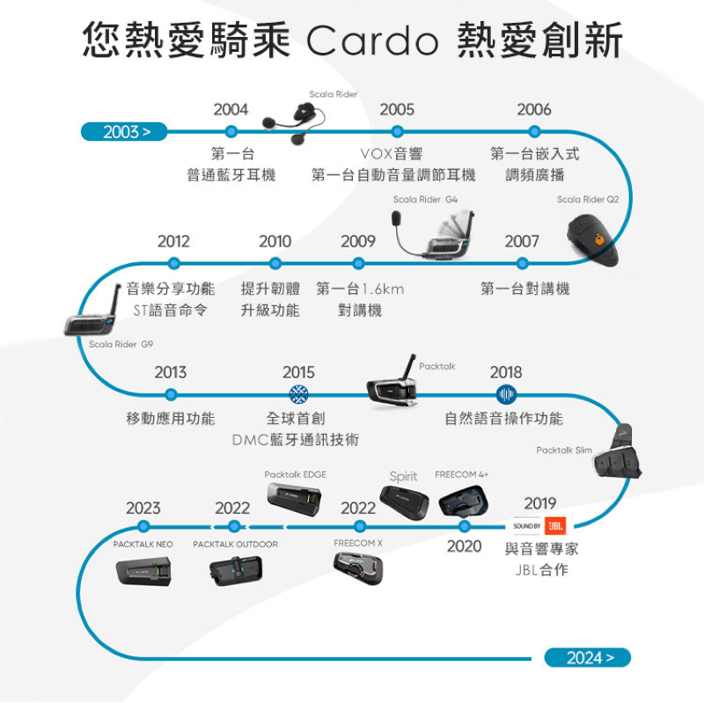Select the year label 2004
[231, 109]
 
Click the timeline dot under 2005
[396, 132]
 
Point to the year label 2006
[534, 109]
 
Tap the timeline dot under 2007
[523, 263]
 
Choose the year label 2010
[275, 241]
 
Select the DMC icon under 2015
[298, 395]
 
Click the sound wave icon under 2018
[506, 395]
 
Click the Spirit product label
[403, 476]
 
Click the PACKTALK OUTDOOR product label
[235, 545]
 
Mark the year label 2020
[464, 546]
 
